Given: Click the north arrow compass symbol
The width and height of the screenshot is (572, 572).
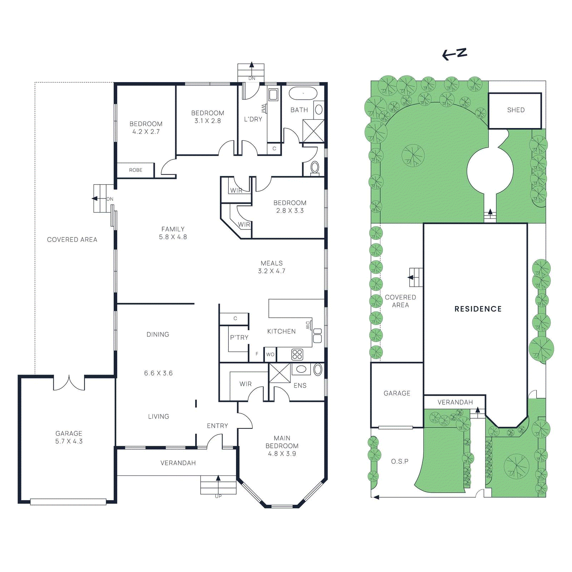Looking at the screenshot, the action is pyautogui.click(x=454, y=54).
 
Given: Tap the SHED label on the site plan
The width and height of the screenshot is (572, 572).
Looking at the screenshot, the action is pyautogui.click(x=516, y=110).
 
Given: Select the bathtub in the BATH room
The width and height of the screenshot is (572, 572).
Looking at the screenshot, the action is pyautogui.click(x=303, y=93).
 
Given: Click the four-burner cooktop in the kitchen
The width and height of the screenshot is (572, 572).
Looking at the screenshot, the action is pyautogui.click(x=297, y=354).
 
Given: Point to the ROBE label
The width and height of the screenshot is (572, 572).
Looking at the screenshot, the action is pyautogui.click(x=136, y=170).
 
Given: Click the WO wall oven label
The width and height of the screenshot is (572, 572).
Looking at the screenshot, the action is pyautogui.click(x=270, y=354).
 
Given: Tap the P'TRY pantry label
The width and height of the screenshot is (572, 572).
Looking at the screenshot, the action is pyautogui.click(x=239, y=337).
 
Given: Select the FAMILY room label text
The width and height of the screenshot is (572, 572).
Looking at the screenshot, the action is pyautogui.click(x=173, y=229).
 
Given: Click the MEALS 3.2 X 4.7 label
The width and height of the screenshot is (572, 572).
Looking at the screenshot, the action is pyautogui.click(x=272, y=267).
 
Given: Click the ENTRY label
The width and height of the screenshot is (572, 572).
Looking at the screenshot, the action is pyautogui.click(x=217, y=426).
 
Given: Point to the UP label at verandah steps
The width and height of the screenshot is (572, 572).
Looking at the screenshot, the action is pyautogui.click(x=218, y=496).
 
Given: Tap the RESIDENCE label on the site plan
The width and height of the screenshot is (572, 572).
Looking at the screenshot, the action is pyautogui.click(x=478, y=309).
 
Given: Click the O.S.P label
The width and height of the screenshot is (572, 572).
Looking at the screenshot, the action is pyautogui.click(x=400, y=462).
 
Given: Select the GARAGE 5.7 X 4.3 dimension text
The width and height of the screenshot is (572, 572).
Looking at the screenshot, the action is pyautogui.click(x=69, y=441).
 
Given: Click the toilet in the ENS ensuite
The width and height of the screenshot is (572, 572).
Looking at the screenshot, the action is pyautogui.click(x=318, y=369).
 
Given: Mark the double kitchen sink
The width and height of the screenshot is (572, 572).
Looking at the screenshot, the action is pyautogui.click(x=317, y=336).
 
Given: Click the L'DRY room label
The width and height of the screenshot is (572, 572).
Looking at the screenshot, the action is pyautogui.click(x=253, y=119).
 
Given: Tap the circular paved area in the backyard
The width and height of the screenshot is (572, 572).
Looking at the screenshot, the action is pyautogui.click(x=490, y=171).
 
